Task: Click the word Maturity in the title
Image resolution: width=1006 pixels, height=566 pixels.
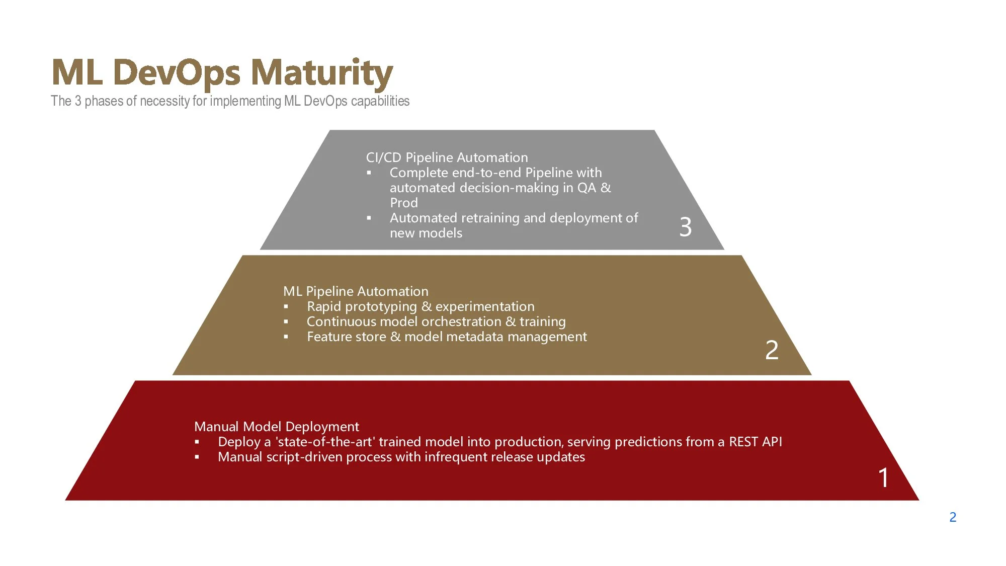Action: click(x=322, y=73)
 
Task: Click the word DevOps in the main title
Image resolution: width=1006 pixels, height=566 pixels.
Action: click(x=180, y=73)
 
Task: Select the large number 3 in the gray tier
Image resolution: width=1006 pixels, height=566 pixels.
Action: click(x=685, y=227)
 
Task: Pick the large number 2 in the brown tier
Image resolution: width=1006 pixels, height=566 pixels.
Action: click(x=772, y=350)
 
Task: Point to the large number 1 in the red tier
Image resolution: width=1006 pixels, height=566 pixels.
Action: click(x=883, y=477)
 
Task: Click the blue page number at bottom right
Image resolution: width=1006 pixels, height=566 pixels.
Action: click(x=953, y=517)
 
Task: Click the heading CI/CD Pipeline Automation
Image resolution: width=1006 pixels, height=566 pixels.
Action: click(x=447, y=157)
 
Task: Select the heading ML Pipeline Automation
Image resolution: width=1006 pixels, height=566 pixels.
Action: click(x=356, y=291)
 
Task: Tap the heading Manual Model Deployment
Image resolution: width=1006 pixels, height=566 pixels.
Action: click(x=277, y=427)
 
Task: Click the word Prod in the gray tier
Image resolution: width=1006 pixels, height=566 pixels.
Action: click(x=404, y=203)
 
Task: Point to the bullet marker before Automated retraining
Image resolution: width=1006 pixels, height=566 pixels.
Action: click(x=369, y=218)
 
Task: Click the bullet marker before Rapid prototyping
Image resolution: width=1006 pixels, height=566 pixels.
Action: click(x=286, y=307)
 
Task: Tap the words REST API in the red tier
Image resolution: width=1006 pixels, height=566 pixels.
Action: click(x=756, y=442)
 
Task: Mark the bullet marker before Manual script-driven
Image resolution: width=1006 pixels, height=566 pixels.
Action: click(x=197, y=457)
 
